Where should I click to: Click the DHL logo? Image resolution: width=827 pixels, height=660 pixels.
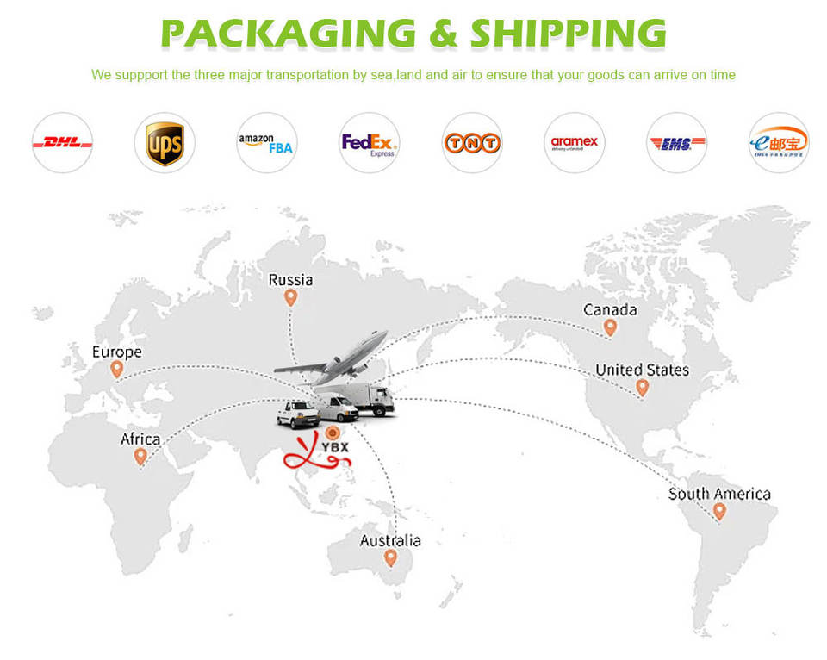(62, 143)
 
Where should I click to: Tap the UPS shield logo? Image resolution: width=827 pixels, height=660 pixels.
(165, 143)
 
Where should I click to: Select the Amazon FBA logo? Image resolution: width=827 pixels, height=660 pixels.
(266, 143)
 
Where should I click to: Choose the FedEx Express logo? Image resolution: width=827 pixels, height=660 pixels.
(369, 143)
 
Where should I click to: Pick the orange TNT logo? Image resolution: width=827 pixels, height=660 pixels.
(471, 143)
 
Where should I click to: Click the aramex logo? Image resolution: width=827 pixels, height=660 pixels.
(574, 143)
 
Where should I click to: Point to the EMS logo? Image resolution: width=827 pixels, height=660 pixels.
(676, 143)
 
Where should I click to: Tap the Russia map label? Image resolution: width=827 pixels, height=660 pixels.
(290, 280)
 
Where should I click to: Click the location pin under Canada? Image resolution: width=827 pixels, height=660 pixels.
(610, 327)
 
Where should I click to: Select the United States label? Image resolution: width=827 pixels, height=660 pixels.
(642, 370)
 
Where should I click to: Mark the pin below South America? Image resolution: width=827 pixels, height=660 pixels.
(719, 511)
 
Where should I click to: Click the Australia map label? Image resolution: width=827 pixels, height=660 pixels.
(390, 540)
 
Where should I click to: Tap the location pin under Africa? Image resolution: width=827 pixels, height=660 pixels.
(140, 457)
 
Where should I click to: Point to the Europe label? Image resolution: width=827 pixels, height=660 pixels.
(117, 352)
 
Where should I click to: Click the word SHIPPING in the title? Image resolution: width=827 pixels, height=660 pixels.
(568, 33)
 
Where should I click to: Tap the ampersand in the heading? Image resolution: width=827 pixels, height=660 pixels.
(446, 33)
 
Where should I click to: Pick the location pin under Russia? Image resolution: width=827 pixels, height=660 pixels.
(290, 298)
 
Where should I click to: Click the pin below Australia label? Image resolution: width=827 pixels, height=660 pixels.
(390, 557)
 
